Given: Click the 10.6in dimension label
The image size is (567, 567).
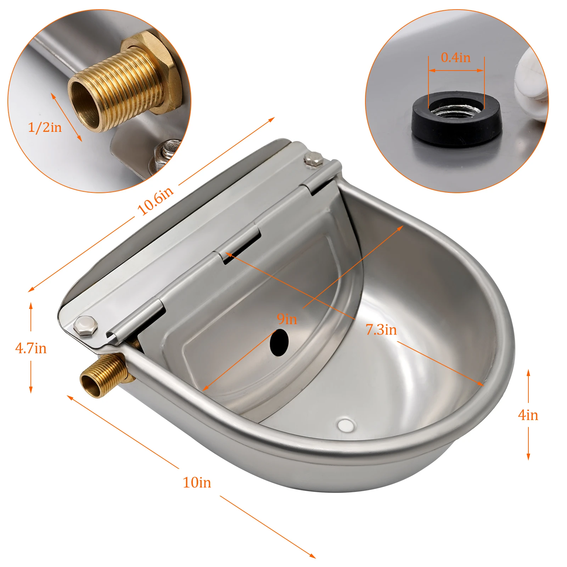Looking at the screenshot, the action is [155, 200].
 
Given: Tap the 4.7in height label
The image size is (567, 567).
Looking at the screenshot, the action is [31, 348].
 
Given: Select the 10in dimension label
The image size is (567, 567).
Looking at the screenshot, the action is [197, 483].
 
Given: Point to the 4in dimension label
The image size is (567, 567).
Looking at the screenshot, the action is [528, 415].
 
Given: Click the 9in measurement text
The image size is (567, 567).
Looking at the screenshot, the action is [287, 319].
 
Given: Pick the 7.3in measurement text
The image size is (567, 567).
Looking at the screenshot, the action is [381, 330].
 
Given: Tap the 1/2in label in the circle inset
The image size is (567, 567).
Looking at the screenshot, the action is [45, 127].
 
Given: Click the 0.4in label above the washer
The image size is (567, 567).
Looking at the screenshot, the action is [456, 57].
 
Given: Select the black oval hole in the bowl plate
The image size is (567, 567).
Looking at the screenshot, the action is [279, 342].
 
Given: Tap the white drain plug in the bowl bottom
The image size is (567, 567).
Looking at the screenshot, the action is [346, 425].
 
